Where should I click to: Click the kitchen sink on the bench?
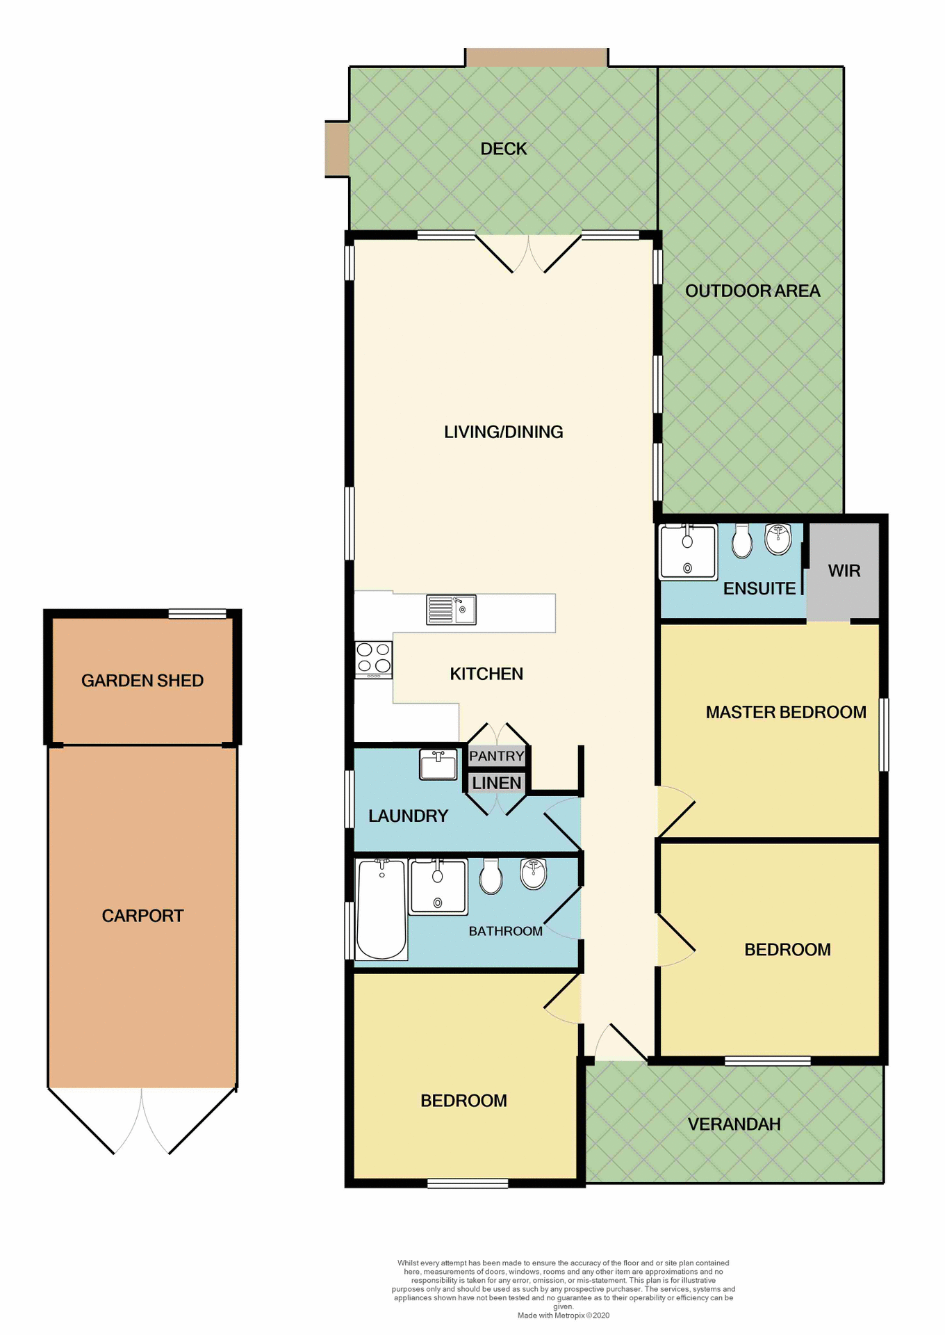451,610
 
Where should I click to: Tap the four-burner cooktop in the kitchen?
373,658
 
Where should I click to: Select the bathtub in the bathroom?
381,909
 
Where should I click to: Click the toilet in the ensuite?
742,542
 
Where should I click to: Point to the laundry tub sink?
438,764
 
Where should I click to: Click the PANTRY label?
496,756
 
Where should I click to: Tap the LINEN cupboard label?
496,783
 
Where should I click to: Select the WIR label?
844,571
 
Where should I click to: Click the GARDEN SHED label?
142,681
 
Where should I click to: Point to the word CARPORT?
142,916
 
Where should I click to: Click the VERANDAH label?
734,1124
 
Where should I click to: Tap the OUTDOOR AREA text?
753,291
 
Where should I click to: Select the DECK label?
504,149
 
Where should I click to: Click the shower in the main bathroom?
438,887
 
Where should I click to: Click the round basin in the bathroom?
534,874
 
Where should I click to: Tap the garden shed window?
197,613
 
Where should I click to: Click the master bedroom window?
884,735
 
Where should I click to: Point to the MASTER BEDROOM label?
786,712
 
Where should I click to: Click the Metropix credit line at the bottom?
563,1315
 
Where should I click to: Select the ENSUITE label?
759,589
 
